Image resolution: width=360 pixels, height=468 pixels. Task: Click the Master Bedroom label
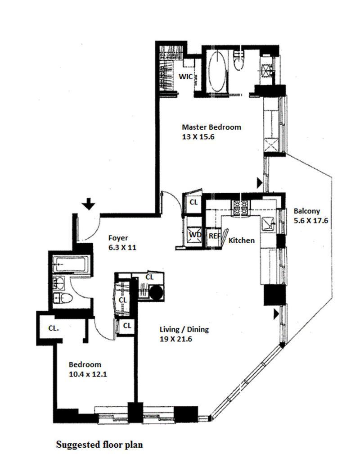[x=211, y=127]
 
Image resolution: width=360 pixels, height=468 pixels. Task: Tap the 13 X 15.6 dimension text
[x=197, y=137]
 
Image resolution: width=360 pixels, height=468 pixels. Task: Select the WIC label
[x=186, y=77]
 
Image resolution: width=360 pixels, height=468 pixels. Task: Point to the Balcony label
[x=306, y=211]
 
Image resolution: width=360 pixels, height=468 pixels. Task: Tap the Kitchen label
[x=242, y=241]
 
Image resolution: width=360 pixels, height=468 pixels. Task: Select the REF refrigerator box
[x=213, y=236]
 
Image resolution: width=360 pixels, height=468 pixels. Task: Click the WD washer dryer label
[x=195, y=235]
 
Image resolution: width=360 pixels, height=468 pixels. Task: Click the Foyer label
[x=118, y=238]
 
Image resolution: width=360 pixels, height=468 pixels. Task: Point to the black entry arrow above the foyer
[x=89, y=205]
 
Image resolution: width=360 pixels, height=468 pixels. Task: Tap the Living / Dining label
[x=184, y=330]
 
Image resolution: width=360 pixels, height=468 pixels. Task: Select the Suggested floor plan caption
[x=99, y=445]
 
